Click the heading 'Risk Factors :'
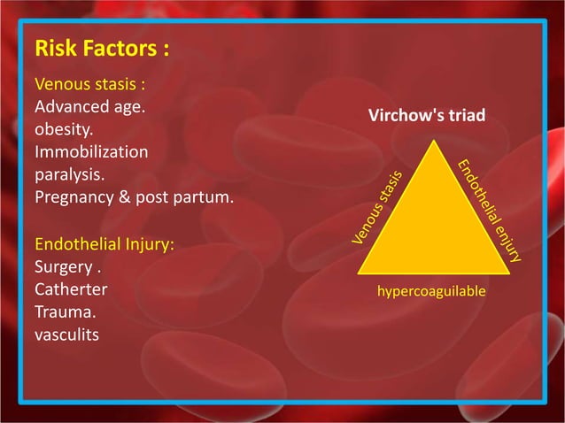pos(101,48)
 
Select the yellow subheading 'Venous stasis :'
pos(89,86)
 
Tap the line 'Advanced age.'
pos(89,108)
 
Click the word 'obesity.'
pos(64,130)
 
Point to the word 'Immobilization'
pos(90,151)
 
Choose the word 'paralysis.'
pos(69,173)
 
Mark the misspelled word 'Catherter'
pos(71,289)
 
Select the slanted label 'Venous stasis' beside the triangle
pos(380,207)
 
